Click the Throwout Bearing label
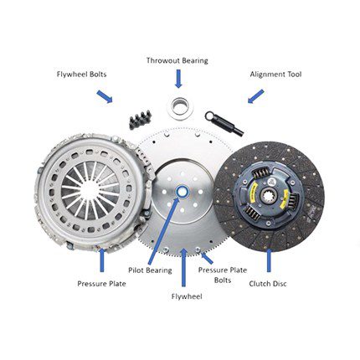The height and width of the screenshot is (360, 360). point(177,60)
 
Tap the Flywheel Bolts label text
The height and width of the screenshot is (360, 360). point(81,75)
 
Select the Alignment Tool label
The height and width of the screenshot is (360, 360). point(275,75)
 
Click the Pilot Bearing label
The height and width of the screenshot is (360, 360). point(150,270)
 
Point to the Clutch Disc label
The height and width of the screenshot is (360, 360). point(268,284)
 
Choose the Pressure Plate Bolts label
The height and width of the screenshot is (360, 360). point(223,275)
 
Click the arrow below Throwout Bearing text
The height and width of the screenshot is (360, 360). point(178,79)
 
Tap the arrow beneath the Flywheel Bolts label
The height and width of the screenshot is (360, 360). point(105,96)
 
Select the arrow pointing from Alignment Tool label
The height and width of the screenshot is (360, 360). point(255,96)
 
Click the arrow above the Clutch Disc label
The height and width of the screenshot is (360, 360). point(269,260)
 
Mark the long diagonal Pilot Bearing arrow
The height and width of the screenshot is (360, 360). point(163,231)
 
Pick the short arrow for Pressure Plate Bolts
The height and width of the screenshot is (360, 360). point(208,258)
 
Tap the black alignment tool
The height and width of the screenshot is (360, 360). point(224,123)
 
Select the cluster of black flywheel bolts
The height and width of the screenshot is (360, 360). point(140,120)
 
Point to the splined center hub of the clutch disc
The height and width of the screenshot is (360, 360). point(269,192)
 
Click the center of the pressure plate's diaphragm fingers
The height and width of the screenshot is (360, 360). point(90,189)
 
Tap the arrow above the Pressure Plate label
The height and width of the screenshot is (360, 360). point(102,260)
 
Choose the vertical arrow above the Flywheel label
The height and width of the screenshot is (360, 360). point(183,267)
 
